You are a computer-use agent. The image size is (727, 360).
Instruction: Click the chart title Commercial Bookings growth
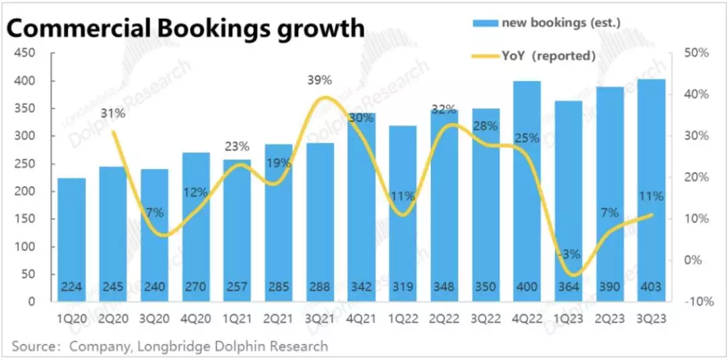[x=185, y=28]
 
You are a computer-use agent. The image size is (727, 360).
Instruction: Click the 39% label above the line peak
[x=320, y=80]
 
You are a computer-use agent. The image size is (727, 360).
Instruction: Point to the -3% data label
[x=569, y=254]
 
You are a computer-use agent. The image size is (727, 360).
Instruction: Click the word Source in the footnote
[x=34, y=347]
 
